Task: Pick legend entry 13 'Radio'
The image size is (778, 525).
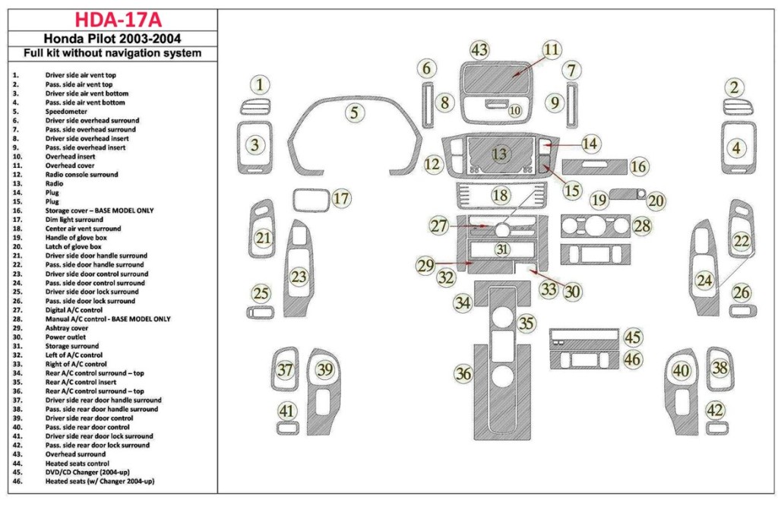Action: (x=55, y=184)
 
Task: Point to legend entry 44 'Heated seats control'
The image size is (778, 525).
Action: (x=77, y=463)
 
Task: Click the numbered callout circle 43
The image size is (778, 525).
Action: (x=479, y=51)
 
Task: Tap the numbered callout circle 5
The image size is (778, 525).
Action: (x=353, y=112)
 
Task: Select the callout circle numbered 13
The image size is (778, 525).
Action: (x=499, y=154)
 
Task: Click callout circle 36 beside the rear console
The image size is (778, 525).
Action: (x=463, y=374)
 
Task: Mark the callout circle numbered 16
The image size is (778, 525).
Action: (x=638, y=166)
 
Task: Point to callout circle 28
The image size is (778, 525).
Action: (x=642, y=226)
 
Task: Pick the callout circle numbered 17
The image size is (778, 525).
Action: (x=342, y=198)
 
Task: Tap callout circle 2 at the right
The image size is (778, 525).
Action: (x=734, y=87)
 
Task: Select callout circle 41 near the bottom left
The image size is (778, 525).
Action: (x=286, y=411)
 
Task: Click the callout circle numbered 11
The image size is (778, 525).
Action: (x=552, y=50)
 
